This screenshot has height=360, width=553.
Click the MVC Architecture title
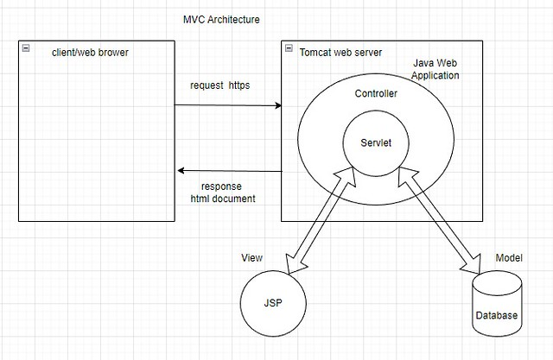pyautogui.click(x=221, y=19)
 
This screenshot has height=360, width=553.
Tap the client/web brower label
pyautogui.click(x=91, y=54)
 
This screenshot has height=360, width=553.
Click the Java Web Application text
pyautogui.click(x=435, y=70)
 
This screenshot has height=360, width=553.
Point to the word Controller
pyautogui.click(x=376, y=93)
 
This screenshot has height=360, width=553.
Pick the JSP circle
pyautogui.click(x=273, y=303)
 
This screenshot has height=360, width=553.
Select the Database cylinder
pyautogui.click(x=497, y=304)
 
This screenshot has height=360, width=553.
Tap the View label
pyautogui.click(x=251, y=257)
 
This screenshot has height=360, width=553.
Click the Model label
pyautogui.click(x=508, y=258)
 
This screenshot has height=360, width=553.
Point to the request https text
pyautogui.click(x=226, y=85)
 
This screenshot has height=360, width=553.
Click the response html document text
pyautogui.click(x=222, y=193)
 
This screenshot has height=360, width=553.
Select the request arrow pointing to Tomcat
pyautogui.click(x=228, y=105)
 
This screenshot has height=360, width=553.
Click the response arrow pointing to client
pyautogui.click(x=228, y=171)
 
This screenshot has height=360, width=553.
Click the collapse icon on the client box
pyautogui.click(x=26, y=47)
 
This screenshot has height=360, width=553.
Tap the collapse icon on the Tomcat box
pyautogui.click(x=289, y=48)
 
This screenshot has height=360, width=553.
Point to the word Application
pyautogui.click(x=435, y=76)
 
